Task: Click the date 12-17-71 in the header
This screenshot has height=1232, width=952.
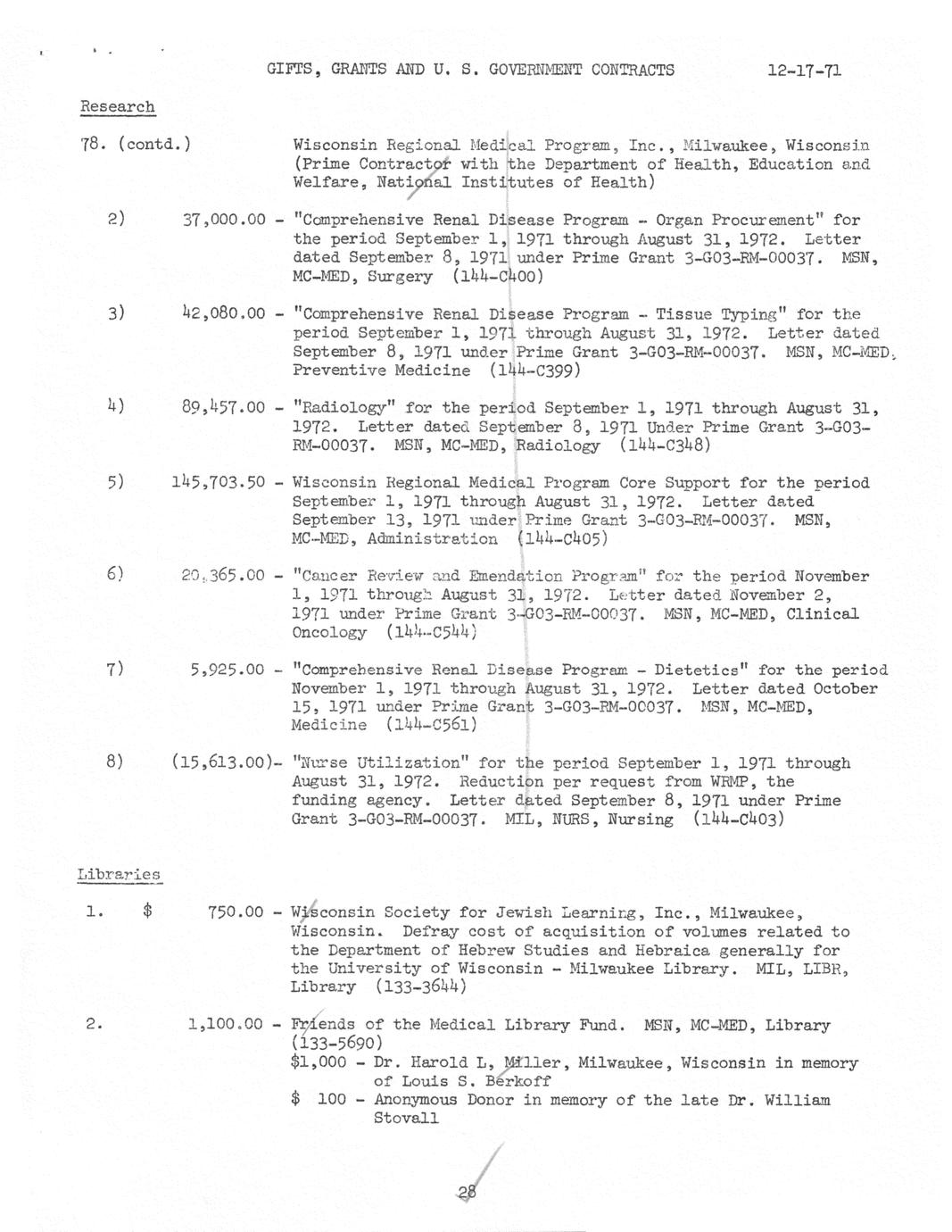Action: click(803, 71)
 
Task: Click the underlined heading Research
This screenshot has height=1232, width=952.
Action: click(117, 107)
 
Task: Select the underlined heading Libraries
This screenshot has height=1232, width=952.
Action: click(119, 875)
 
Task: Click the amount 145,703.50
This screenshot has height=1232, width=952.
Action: click(219, 483)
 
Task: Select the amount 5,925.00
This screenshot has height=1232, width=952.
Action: click(227, 670)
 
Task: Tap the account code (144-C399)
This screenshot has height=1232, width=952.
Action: click(535, 370)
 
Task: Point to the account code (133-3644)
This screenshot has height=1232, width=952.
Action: click(421, 987)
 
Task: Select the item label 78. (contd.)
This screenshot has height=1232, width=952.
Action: click(135, 145)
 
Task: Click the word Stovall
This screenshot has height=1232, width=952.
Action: click(406, 1119)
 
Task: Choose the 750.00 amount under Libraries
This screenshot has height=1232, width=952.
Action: click(236, 912)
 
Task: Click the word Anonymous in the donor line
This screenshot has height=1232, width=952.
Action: click(416, 1100)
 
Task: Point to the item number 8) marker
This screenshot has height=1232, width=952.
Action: click(114, 762)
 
